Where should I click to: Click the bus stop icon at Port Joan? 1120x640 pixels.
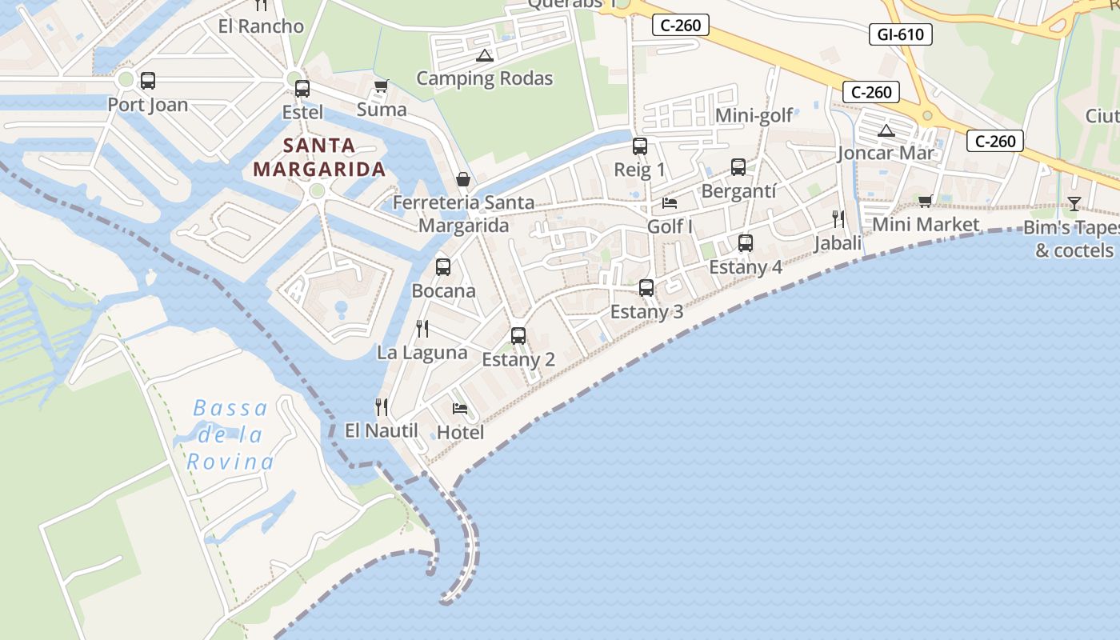(x=147, y=81)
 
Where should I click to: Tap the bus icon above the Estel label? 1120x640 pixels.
(x=302, y=89)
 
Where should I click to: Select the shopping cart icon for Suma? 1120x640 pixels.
(x=382, y=86)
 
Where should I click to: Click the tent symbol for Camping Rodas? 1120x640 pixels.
(x=484, y=55)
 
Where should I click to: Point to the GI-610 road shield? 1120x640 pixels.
(x=900, y=34)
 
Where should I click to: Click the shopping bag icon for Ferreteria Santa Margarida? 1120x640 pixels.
(x=462, y=179)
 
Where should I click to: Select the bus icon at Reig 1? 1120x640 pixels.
(x=639, y=146)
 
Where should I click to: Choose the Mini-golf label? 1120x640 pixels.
(x=754, y=115)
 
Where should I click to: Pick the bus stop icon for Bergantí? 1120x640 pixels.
(x=738, y=167)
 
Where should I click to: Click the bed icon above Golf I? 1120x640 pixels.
(x=670, y=203)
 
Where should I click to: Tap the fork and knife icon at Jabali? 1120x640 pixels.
(x=838, y=218)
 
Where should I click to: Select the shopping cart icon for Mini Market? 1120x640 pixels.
(x=926, y=201)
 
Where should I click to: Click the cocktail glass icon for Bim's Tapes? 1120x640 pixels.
(x=1074, y=204)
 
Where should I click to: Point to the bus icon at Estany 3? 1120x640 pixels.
(x=646, y=288)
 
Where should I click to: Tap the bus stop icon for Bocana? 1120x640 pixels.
(x=443, y=267)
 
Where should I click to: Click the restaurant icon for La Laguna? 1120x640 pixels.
(x=422, y=328)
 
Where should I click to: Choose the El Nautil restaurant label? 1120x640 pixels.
(x=382, y=430)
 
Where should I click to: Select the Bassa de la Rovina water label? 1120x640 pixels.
(x=230, y=435)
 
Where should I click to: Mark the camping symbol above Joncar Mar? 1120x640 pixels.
(x=886, y=130)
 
